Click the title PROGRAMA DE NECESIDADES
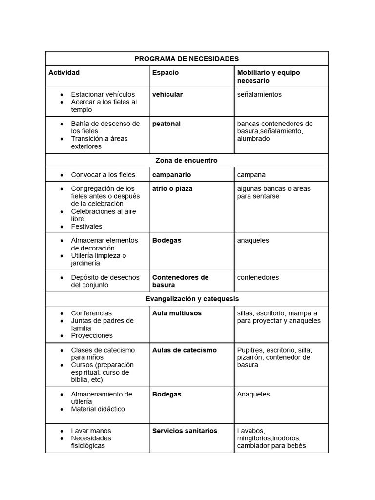pos(187,59)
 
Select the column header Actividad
pos(64,73)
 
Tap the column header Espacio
pos(166,73)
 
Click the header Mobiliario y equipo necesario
pos(269,76)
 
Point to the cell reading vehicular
pos(167,94)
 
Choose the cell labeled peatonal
pos(167,124)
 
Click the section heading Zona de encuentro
pos(187,160)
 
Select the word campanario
pos(172,174)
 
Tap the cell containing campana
pos(251,174)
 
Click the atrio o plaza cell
pos(172,188)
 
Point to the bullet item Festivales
pos(86,226)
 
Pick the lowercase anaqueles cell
pos(253,240)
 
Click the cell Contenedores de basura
pos(180,281)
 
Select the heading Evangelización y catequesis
pos(192,298)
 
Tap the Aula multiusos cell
pos(177,313)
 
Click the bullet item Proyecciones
pos(92,335)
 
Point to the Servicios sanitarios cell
pos(185,431)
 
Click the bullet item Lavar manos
pos(91,431)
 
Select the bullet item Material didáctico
pos(98,409)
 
